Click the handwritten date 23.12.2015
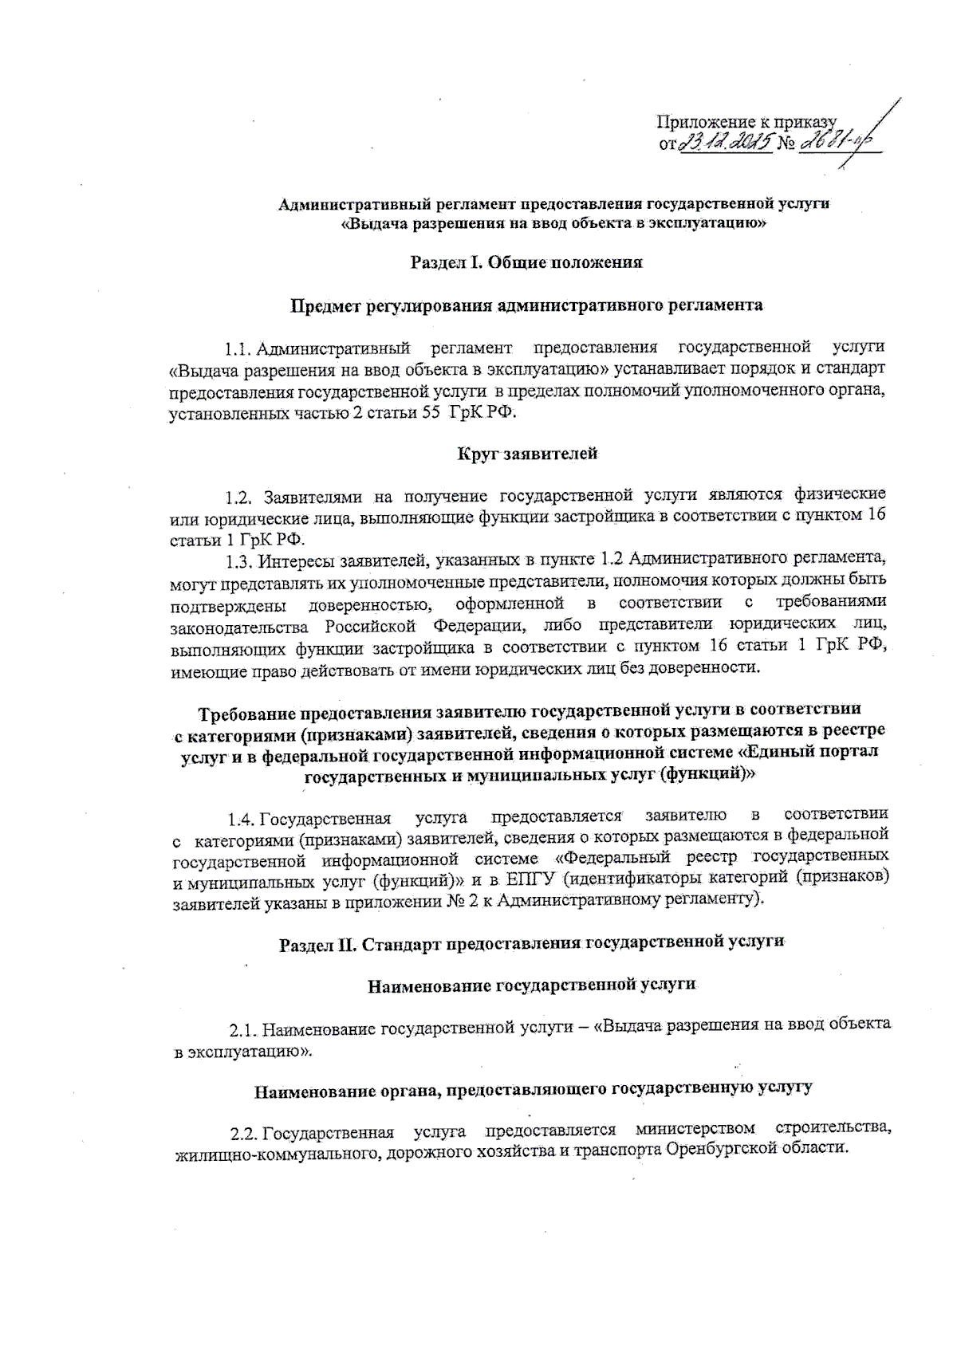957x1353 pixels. coord(724,144)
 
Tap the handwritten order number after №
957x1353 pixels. coord(838,143)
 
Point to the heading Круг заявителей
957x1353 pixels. coord(527,454)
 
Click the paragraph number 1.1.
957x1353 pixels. coord(238,348)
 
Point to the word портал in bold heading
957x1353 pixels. coord(848,751)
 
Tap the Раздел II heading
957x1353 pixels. coord(532,944)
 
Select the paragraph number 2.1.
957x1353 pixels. coord(242,1030)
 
